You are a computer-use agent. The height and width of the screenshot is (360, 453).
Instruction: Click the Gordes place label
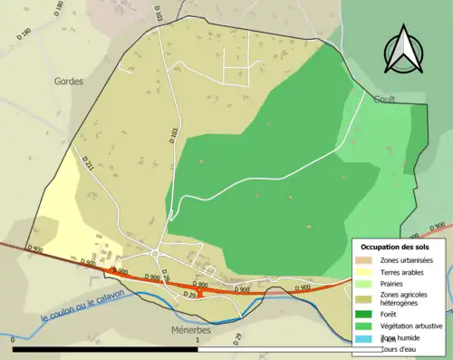[69, 81]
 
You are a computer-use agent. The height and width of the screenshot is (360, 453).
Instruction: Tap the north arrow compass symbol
[401, 50]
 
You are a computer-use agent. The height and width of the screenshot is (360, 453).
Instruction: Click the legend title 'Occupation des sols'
[395, 246]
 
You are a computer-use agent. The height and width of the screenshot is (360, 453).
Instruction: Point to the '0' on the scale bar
[14, 340]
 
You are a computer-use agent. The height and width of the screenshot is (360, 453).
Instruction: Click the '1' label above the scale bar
[198, 340]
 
